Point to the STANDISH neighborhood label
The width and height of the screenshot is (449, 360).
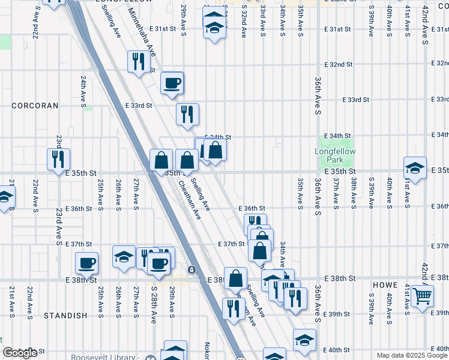[64, 316]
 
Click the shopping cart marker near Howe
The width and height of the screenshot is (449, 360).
[423, 295]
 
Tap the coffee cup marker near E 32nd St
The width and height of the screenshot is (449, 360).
[172, 83]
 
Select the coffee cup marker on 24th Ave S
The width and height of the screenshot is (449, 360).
[86, 263]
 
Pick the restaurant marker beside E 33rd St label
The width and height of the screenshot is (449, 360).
[187, 113]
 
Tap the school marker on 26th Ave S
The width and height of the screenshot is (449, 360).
[124, 257]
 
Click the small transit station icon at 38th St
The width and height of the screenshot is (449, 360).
[191, 270]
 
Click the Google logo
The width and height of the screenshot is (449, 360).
[19, 353]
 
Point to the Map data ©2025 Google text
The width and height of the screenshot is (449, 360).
[412, 355]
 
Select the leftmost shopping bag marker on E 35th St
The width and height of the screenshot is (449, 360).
[161, 160]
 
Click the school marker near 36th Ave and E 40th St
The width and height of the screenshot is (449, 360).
[304, 339]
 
